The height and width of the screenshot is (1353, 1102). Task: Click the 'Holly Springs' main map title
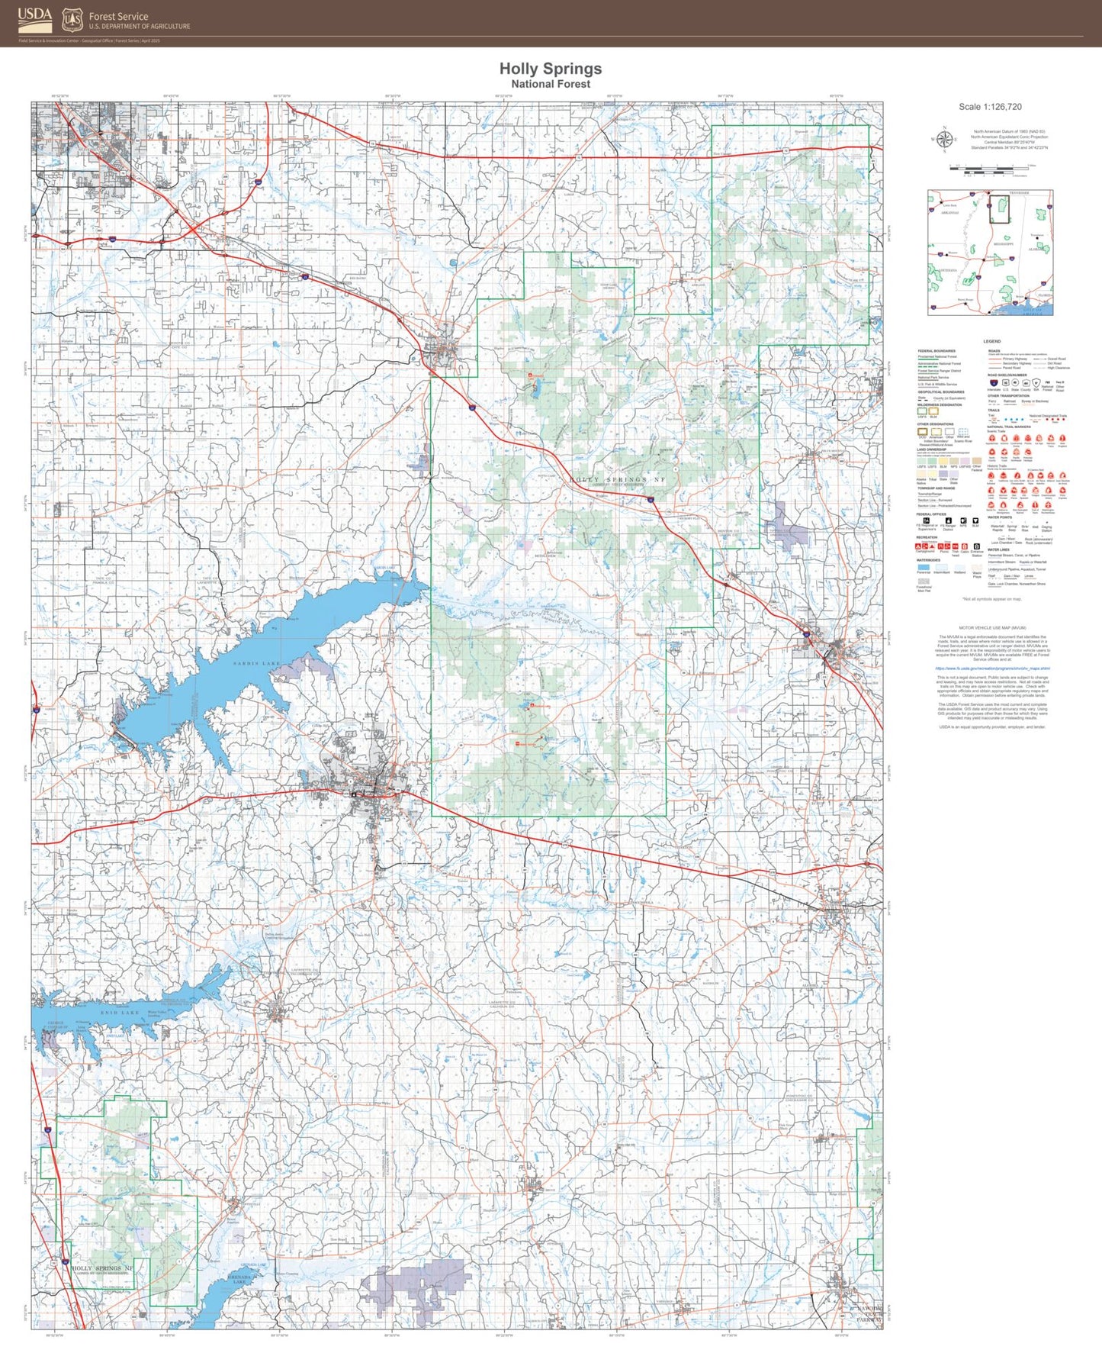click(x=551, y=69)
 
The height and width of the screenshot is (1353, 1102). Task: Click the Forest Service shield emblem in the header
click(x=72, y=19)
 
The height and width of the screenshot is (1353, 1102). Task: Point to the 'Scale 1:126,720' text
click(x=990, y=107)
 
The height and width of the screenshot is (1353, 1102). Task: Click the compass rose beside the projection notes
click(x=944, y=139)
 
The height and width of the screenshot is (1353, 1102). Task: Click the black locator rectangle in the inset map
click(x=998, y=210)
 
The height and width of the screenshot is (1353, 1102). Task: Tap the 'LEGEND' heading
click(x=991, y=341)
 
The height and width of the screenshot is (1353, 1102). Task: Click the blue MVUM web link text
click(x=991, y=668)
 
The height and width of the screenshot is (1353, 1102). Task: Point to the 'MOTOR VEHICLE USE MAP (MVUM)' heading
click(x=991, y=627)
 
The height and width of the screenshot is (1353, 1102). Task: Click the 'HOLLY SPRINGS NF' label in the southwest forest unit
click(x=102, y=1268)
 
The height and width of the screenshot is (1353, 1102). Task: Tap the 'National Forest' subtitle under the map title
click(x=551, y=85)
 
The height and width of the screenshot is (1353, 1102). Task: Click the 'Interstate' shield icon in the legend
click(x=994, y=383)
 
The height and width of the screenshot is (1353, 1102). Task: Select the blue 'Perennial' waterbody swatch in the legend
click(x=924, y=568)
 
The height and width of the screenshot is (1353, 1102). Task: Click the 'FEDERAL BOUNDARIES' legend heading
click(x=937, y=351)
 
